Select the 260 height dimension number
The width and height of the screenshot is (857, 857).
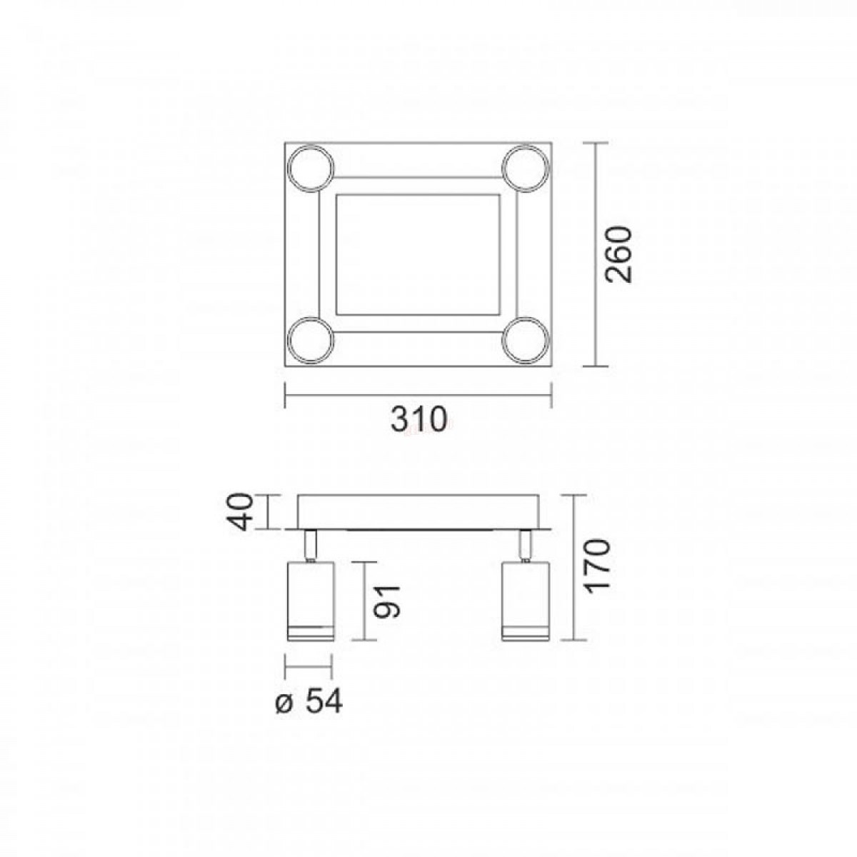[618, 254]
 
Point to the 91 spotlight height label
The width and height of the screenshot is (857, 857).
[387, 602]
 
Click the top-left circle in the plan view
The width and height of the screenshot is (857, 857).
[311, 168]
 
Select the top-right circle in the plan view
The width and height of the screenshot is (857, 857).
[526, 168]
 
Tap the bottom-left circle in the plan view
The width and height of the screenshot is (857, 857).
[311, 340]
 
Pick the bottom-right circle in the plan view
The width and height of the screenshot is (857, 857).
[526, 340]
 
